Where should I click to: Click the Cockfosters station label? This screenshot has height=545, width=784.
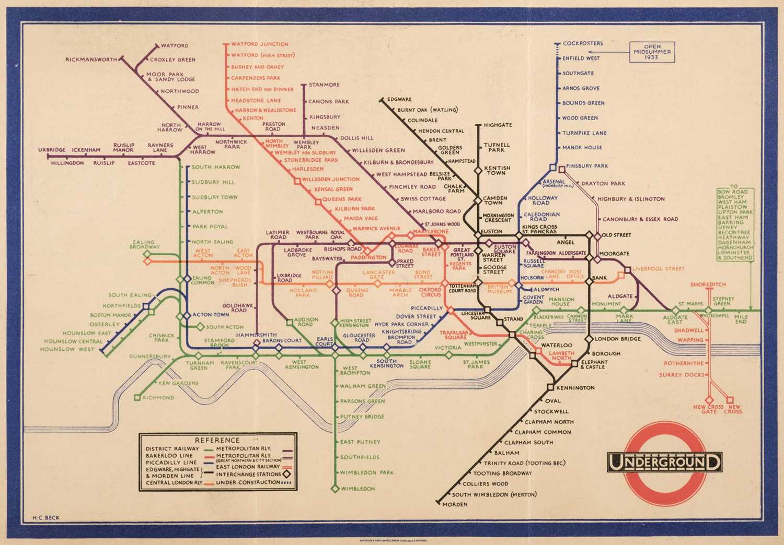click(583, 43)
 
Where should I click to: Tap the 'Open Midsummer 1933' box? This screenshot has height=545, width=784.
click(652, 52)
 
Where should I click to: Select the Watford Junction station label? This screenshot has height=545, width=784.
click(260, 44)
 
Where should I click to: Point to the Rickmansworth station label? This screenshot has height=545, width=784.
click(91, 60)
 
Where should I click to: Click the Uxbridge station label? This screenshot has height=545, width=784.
click(52, 150)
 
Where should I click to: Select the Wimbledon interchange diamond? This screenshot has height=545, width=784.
click(335, 489)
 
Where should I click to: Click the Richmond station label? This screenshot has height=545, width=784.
click(158, 398)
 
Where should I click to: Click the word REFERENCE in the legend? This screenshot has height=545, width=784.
click(217, 440)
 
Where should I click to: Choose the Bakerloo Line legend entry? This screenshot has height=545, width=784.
click(169, 455)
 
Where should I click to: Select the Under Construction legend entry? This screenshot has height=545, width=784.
click(248, 482)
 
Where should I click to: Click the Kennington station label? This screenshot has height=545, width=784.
click(575, 388)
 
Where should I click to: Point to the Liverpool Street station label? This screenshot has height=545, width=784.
click(658, 269)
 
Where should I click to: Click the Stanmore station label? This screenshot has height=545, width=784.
click(324, 85)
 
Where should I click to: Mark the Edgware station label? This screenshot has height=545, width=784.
click(399, 99)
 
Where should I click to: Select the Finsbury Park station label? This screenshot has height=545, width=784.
click(587, 166)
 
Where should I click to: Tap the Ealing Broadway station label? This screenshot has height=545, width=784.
click(144, 244)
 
